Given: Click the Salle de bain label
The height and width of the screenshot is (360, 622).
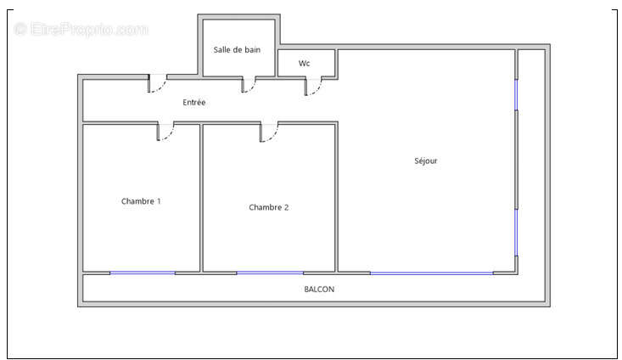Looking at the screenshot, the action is point(237,50).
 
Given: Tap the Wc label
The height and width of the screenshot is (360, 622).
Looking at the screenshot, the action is point(305,63).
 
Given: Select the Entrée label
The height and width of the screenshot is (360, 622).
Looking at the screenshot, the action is point(194,103).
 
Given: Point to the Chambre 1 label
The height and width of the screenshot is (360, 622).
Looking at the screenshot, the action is point(141,201).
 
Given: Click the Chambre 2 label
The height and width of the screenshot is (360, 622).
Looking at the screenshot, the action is point(268,207).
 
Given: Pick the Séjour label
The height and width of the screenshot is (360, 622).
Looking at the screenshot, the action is point(426,160).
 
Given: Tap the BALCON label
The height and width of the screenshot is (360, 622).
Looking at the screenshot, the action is point(319,290).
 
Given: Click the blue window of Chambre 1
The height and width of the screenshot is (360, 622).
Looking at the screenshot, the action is point(143,273).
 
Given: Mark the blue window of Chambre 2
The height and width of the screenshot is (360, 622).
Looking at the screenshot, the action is point(270,273).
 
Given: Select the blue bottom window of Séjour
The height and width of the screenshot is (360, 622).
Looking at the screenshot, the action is point(432,273).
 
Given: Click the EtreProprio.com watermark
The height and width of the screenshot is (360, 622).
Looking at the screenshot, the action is point(81,29).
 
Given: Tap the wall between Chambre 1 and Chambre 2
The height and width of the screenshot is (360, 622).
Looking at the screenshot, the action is point(201,198).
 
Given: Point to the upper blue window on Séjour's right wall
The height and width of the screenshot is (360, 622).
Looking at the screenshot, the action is point(516,94).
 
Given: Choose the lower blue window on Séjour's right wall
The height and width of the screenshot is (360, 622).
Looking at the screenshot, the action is point(516,233).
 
